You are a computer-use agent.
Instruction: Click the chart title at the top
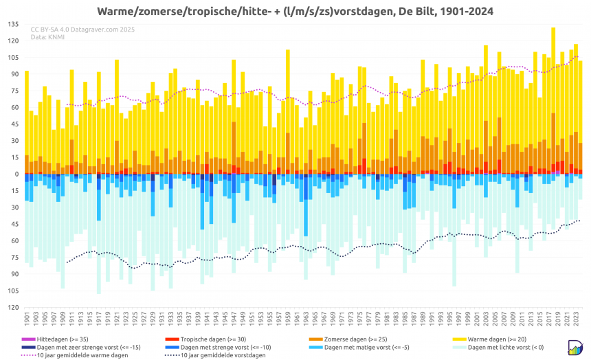tap(295, 12)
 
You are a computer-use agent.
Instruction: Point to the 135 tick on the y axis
tap(13, 24)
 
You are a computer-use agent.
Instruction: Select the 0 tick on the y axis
tap(16, 174)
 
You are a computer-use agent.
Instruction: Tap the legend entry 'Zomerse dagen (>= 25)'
tap(361, 339)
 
